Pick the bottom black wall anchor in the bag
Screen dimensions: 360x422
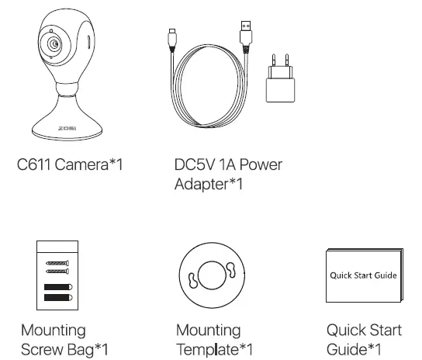[57, 296]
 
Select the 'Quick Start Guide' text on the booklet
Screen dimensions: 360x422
[363, 275]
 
